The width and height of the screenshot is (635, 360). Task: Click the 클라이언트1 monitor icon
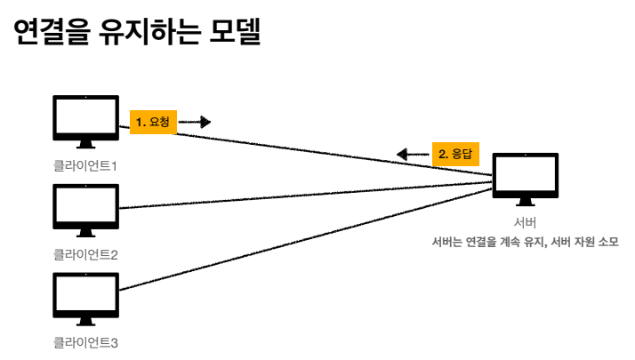click(x=86, y=118)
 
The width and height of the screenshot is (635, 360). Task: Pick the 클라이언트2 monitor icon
click(x=86, y=206)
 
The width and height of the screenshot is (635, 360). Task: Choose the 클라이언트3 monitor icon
click(x=86, y=294)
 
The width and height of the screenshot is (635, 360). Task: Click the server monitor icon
click(x=525, y=177)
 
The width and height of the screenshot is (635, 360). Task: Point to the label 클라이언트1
click(x=85, y=165)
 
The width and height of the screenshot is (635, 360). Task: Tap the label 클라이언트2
click(x=85, y=254)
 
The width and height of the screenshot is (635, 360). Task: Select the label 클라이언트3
click(x=85, y=342)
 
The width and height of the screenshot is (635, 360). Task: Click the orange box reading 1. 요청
click(x=153, y=122)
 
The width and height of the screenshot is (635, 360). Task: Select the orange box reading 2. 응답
click(x=455, y=154)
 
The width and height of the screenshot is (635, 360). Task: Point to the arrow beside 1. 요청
click(x=196, y=122)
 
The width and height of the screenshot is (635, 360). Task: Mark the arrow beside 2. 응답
click(x=413, y=154)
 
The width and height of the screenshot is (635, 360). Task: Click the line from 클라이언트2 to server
click(x=302, y=196)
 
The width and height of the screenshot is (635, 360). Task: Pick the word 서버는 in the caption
click(x=446, y=242)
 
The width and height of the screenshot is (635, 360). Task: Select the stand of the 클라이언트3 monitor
click(x=86, y=321)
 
